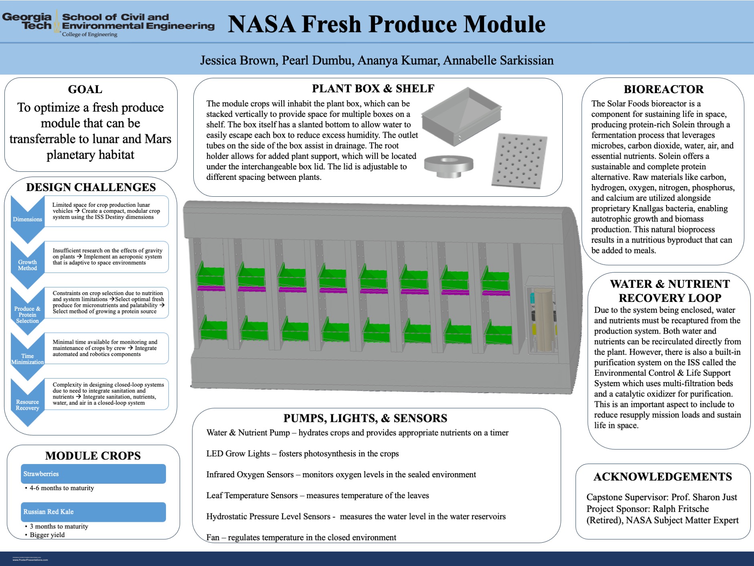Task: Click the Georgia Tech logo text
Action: tap(27, 22)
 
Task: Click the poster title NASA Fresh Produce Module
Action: tap(386, 24)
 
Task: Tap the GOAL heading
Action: tap(85, 89)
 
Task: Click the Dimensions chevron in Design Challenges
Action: tap(27, 219)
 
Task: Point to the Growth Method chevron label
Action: tap(27, 265)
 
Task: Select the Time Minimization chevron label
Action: tap(27, 359)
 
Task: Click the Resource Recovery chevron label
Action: tap(27, 405)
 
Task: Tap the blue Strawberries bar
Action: tap(93, 474)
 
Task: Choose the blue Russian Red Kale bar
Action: tap(93, 512)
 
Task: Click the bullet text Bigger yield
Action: tap(47, 535)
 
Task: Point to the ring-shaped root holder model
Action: tap(449, 165)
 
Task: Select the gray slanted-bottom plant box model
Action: tap(461, 116)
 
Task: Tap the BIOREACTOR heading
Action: tap(663, 89)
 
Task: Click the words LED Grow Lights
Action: tap(238, 454)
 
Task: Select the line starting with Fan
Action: tap(301, 537)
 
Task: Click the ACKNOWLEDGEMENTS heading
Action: tap(663, 476)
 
